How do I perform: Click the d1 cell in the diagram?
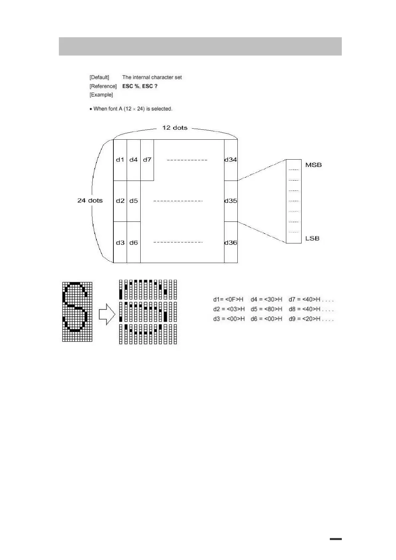pos(120,160)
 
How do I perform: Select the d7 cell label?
pos(147,160)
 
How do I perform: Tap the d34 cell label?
pos(231,160)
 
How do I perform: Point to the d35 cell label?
pos(231,201)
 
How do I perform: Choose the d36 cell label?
pos(231,243)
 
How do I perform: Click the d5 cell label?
pos(134,201)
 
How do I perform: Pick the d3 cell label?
pos(120,243)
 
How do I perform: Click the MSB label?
pos(314,165)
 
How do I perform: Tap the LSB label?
pos(312,238)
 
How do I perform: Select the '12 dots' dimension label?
pos(175,128)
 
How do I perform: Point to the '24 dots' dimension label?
pos(90,201)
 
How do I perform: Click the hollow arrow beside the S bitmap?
pos(107,314)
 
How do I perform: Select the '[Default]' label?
pos(99,77)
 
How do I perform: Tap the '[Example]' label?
pos(101,95)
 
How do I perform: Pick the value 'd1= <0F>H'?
pos(228,300)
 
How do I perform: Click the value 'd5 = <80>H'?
pos(266,309)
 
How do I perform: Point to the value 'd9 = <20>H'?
pos(304,319)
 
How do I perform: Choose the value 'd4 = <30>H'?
pos(266,300)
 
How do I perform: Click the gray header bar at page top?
pos(200,46)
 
